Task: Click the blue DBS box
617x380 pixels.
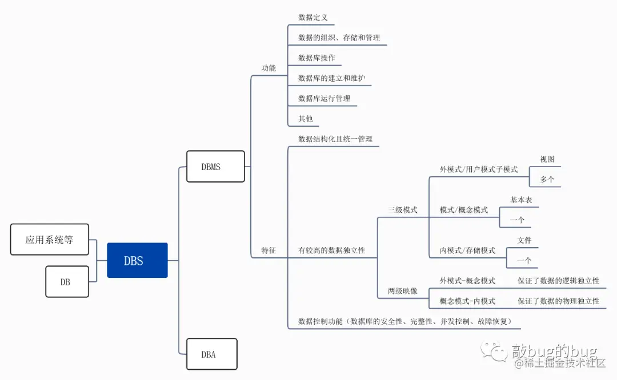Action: click(x=137, y=260)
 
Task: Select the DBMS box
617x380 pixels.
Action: click(x=215, y=167)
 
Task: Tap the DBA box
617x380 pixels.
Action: click(x=211, y=354)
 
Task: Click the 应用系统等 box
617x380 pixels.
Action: click(x=50, y=239)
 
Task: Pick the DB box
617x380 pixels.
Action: click(x=67, y=281)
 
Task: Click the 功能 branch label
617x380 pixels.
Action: click(x=269, y=68)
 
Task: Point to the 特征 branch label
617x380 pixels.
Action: click(x=269, y=250)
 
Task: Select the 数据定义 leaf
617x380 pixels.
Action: click(x=313, y=18)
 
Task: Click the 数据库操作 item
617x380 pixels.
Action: click(x=316, y=58)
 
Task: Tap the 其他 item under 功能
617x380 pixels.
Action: click(x=306, y=119)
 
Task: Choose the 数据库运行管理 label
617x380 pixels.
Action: click(x=324, y=98)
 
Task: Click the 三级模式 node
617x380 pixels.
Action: click(x=403, y=209)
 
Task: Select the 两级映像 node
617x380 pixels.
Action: click(x=403, y=291)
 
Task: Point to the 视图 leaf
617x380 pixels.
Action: click(x=547, y=159)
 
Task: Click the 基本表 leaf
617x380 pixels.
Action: click(x=521, y=200)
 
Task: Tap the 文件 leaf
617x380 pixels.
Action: click(x=524, y=240)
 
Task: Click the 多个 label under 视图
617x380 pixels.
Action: click(x=547, y=179)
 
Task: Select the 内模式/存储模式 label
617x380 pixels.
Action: click(x=467, y=250)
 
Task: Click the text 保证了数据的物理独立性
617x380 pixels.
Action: click(x=558, y=301)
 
